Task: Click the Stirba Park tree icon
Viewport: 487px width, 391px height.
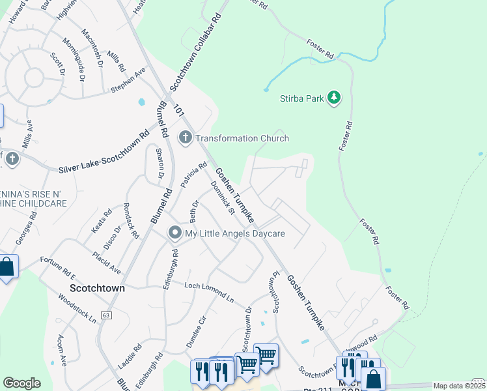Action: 334,98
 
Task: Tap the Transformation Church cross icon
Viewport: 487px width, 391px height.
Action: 185,138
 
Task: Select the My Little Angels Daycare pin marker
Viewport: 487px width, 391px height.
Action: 174,233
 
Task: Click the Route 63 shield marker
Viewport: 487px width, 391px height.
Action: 106,315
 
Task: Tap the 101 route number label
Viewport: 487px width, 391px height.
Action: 179,112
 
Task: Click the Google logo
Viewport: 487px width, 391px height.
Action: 21,383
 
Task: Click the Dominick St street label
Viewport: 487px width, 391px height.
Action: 222,197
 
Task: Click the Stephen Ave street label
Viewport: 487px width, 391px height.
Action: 128,80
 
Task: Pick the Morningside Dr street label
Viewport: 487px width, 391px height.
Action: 74,59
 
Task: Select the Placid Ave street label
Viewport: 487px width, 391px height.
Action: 106,262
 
